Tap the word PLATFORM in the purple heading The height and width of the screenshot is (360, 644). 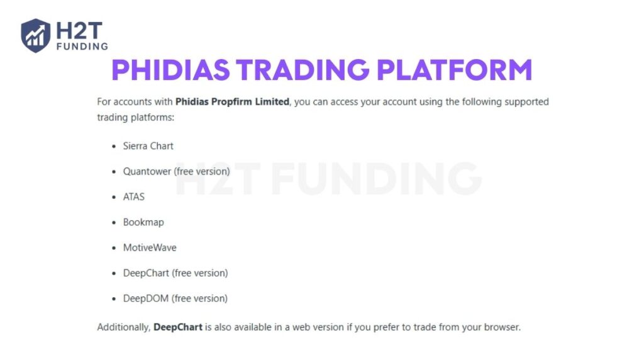pos(454,70)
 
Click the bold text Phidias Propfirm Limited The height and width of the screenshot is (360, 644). pos(232,101)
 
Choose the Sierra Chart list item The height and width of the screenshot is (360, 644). pos(148,146)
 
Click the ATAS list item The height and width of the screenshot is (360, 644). pos(133,197)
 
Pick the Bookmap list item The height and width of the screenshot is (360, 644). pos(143,222)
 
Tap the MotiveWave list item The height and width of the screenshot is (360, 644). pos(150,248)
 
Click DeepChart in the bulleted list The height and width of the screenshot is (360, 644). pos(146,273)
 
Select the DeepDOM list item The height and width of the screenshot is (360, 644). pos(146,298)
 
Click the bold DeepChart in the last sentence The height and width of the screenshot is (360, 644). pos(178,327)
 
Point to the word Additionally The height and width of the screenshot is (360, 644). pos(123,327)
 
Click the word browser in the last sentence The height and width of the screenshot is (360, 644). pos(502,327)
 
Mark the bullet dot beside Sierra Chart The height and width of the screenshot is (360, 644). pos(114,147)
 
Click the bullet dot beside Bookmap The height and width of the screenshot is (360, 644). pos(114,223)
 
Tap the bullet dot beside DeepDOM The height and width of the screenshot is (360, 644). pos(114,299)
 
